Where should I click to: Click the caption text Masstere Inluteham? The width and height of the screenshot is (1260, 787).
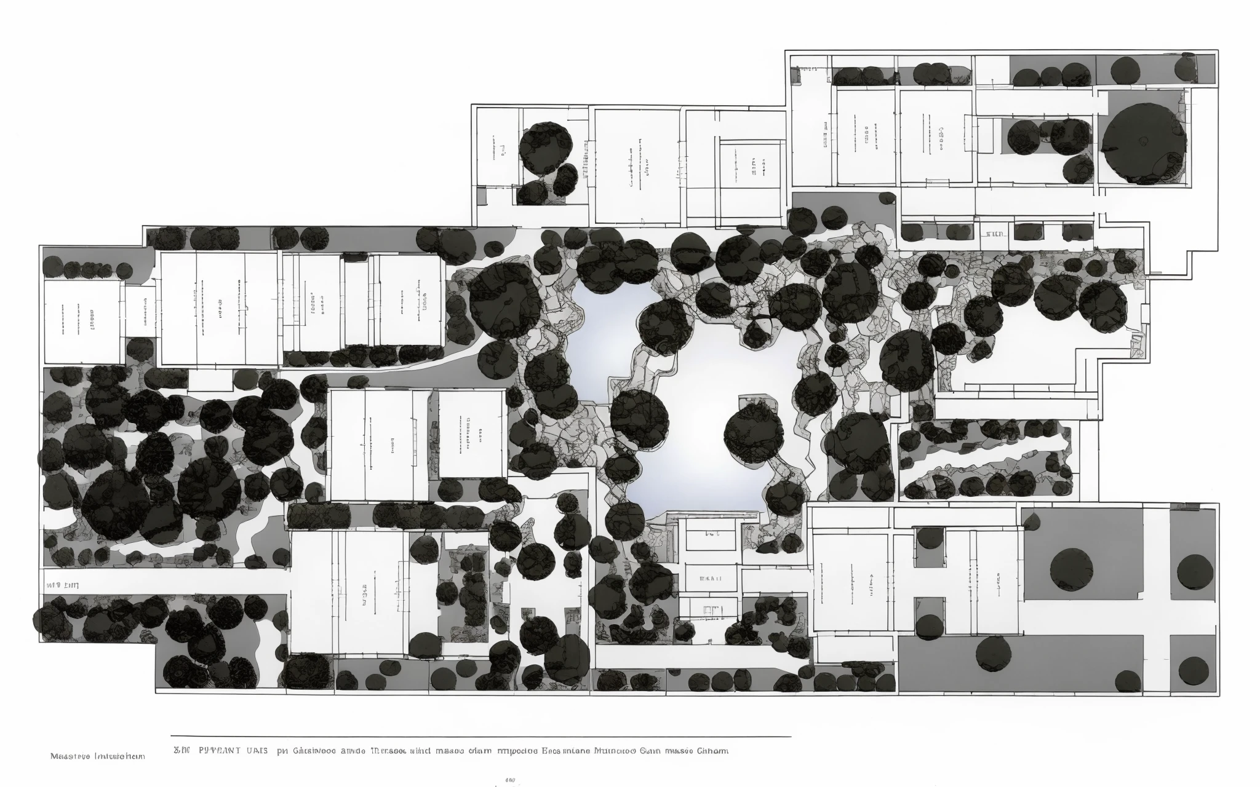click(x=97, y=756)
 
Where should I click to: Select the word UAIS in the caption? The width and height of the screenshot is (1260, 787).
click(x=257, y=751)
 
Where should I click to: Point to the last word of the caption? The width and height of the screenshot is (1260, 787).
click(x=712, y=751)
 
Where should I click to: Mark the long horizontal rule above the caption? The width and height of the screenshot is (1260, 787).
click(x=480, y=736)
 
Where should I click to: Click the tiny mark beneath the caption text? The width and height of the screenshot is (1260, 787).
click(x=510, y=780)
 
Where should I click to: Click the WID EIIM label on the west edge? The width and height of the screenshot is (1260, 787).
click(x=62, y=585)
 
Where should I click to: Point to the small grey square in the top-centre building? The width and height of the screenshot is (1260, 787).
click(x=481, y=195)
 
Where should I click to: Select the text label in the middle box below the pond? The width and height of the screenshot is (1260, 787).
click(x=711, y=579)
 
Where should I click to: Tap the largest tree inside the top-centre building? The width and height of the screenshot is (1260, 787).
click(x=545, y=148)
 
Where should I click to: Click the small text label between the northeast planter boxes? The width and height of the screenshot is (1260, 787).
click(x=994, y=234)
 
